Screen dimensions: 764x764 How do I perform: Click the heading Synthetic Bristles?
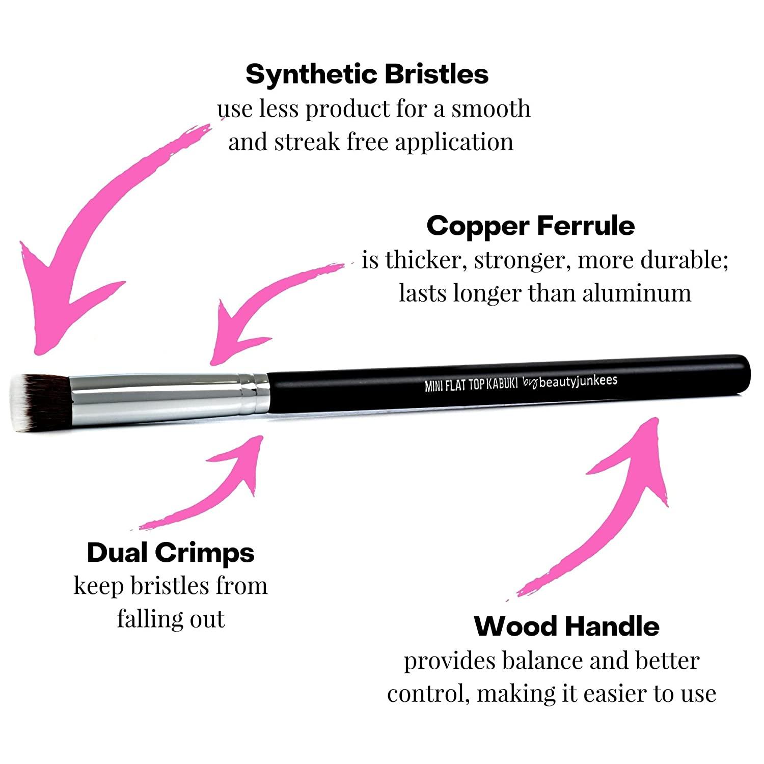click(367, 74)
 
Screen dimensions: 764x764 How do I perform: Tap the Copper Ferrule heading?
click(530, 226)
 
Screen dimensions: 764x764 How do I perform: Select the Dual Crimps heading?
click(171, 553)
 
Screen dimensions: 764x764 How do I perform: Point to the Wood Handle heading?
click(566, 626)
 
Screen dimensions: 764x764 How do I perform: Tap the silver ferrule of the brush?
click(153, 396)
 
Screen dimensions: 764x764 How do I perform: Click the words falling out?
click(171, 619)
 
